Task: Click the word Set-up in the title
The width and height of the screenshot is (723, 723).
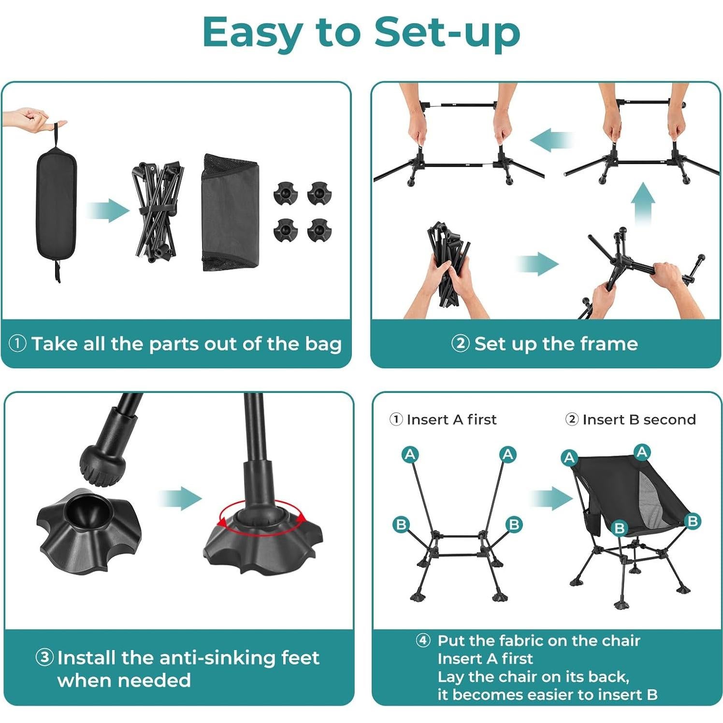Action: (x=447, y=32)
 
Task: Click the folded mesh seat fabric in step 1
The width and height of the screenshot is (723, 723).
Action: (x=231, y=213)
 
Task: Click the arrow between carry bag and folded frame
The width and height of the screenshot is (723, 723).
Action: (x=108, y=211)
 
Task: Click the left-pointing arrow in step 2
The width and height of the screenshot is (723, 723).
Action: (x=551, y=140)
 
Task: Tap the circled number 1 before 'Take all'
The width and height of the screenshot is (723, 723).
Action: (x=17, y=344)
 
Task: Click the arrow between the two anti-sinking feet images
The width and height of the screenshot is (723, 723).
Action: (x=180, y=498)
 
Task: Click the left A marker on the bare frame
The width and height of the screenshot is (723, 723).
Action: (x=410, y=454)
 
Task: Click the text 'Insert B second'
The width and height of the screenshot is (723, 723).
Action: (x=638, y=419)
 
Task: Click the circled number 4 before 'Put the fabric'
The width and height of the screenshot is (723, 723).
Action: (x=423, y=640)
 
